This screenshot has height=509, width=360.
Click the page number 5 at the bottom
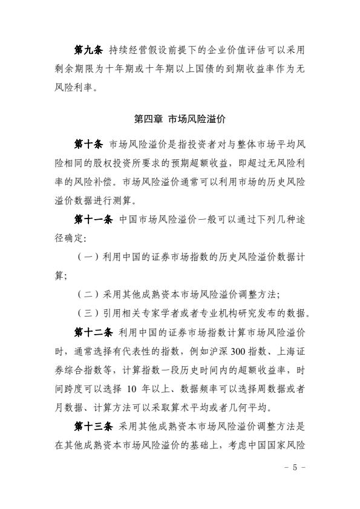[x=295, y=468]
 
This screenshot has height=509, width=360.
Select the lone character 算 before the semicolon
[x=59, y=275]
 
